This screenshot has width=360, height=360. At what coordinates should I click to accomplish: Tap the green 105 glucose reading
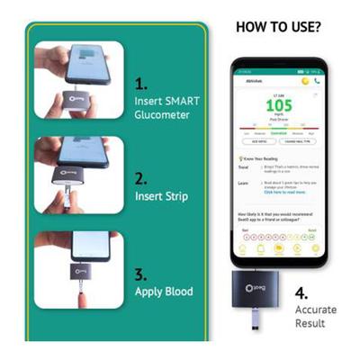[x=277, y=106]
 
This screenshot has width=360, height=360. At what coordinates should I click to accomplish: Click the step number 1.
[x=141, y=83]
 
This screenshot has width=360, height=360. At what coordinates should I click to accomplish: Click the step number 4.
[x=302, y=292]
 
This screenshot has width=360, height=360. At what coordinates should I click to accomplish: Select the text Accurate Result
[x=318, y=316]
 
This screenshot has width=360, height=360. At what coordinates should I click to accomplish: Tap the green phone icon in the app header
[x=316, y=80]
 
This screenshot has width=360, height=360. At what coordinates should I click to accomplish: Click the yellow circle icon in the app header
[x=304, y=80]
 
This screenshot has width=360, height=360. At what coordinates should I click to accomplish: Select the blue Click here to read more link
[x=286, y=192]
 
